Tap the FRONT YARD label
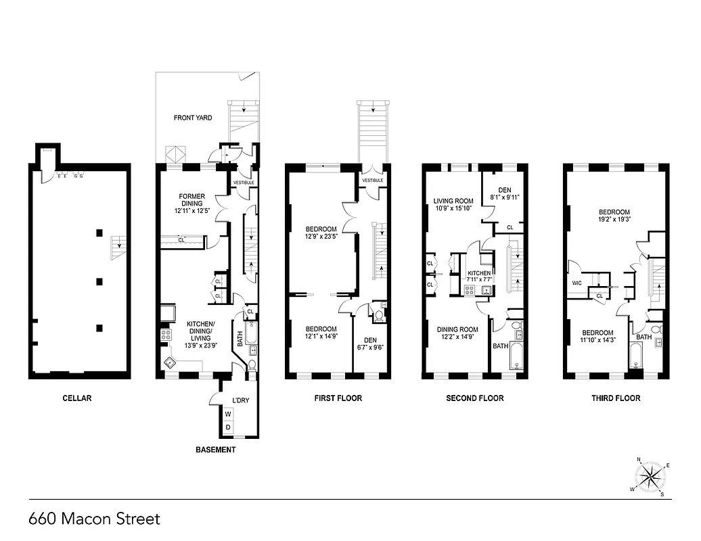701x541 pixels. (x=192, y=118)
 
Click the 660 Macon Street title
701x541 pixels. (x=95, y=519)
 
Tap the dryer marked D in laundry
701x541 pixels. (x=228, y=427)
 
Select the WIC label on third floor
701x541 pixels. (x=577, y=283)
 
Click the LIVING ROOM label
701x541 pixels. (x=453, y=200)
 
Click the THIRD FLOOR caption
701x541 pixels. (x=616, y=398)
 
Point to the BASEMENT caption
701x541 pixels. (x=215, y=450)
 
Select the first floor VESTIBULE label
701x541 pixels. (x=373, y=181)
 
